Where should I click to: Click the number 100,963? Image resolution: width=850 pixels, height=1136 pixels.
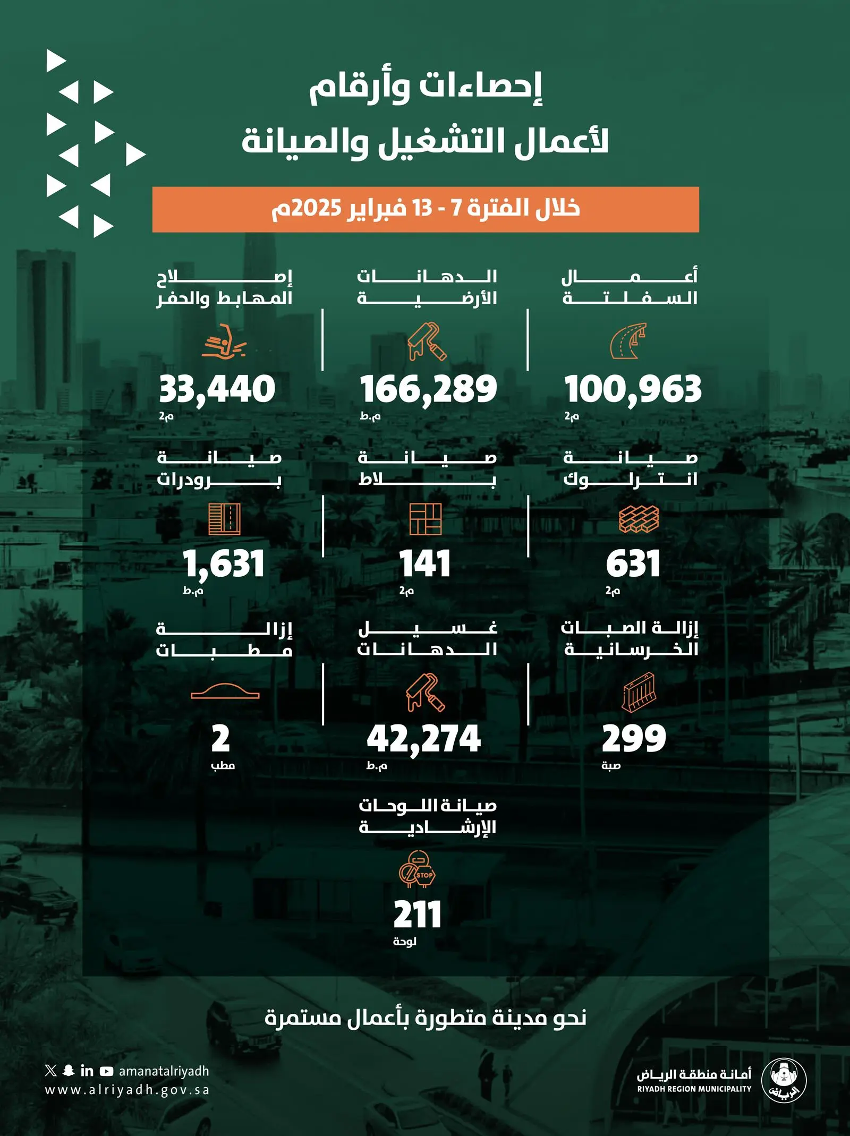[x=633, y=389]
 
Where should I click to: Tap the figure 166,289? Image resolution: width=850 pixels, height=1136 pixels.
[x=428, y=389]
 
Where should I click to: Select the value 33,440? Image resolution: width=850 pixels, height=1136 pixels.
[x=217, y=389]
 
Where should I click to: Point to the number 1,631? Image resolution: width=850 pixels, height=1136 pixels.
[x=224, y=564]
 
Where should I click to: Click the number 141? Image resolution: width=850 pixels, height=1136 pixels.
[x=425, y=564]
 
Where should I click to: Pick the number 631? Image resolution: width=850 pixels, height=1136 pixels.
[x=633, y=564]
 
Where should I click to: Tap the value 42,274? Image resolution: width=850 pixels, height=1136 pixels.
[x=424, y=739]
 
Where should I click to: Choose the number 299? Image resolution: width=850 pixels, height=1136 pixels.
[x=634, y=739]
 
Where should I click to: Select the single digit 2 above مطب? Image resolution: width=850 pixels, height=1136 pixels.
[x=220, y=739]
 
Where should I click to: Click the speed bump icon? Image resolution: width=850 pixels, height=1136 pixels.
[x=225, y=691]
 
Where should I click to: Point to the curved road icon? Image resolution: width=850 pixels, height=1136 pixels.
[x=628, y=340]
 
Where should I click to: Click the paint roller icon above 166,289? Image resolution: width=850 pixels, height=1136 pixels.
[x=427, y=341]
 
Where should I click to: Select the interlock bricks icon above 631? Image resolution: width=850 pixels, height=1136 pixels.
[x=639, y=518]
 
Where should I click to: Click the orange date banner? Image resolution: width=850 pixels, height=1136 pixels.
[x=426, y=209]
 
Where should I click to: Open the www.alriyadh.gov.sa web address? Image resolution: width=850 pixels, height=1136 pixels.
[x=127, y=1090]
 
